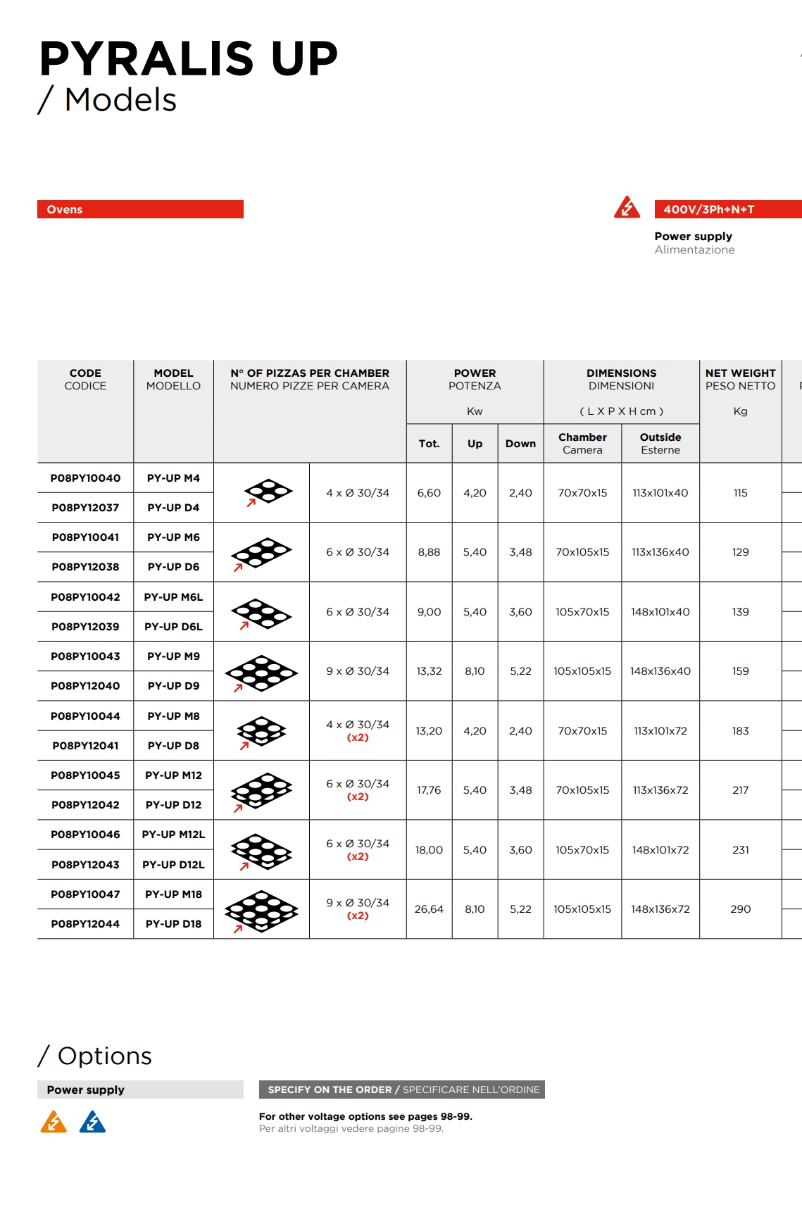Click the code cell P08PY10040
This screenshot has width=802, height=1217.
click(x=85, y=478)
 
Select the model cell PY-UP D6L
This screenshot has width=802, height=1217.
click(x=173, y=627)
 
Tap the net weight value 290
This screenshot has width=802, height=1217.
click(x=740, y=909)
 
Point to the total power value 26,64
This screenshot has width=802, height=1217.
click(x=429, y=909)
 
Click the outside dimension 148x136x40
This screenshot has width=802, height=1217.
click(x=660, y=671)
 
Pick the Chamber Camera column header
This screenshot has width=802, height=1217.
click(x=582, y=444)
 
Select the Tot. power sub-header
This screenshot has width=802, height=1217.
click(x=429, y=444)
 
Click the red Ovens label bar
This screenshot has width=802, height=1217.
click(x=140, y=209)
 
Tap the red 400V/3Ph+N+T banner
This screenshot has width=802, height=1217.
click(x=727, y=209)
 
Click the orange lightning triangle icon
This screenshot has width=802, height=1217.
click(x=54, y=1122)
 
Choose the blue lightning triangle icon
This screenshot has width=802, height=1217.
click(x=92, y=1122)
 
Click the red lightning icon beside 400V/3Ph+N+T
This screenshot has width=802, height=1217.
click(x=627, y=208)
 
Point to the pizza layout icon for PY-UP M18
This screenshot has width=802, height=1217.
click(x=261, y=911)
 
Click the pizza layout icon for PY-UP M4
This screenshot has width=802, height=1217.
click(x=267, y=492)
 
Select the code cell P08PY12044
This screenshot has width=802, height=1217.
click(x=85, y=924)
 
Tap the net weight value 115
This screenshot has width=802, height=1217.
click(x=740, y=493)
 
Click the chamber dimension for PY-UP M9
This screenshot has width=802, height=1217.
click(x=582, y=671)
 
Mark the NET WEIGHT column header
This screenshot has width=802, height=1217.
click(x=740, y=379)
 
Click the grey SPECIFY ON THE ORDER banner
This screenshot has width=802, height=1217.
click(x=401, y=1090)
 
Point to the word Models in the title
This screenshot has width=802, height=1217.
click(x=120, y=99)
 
